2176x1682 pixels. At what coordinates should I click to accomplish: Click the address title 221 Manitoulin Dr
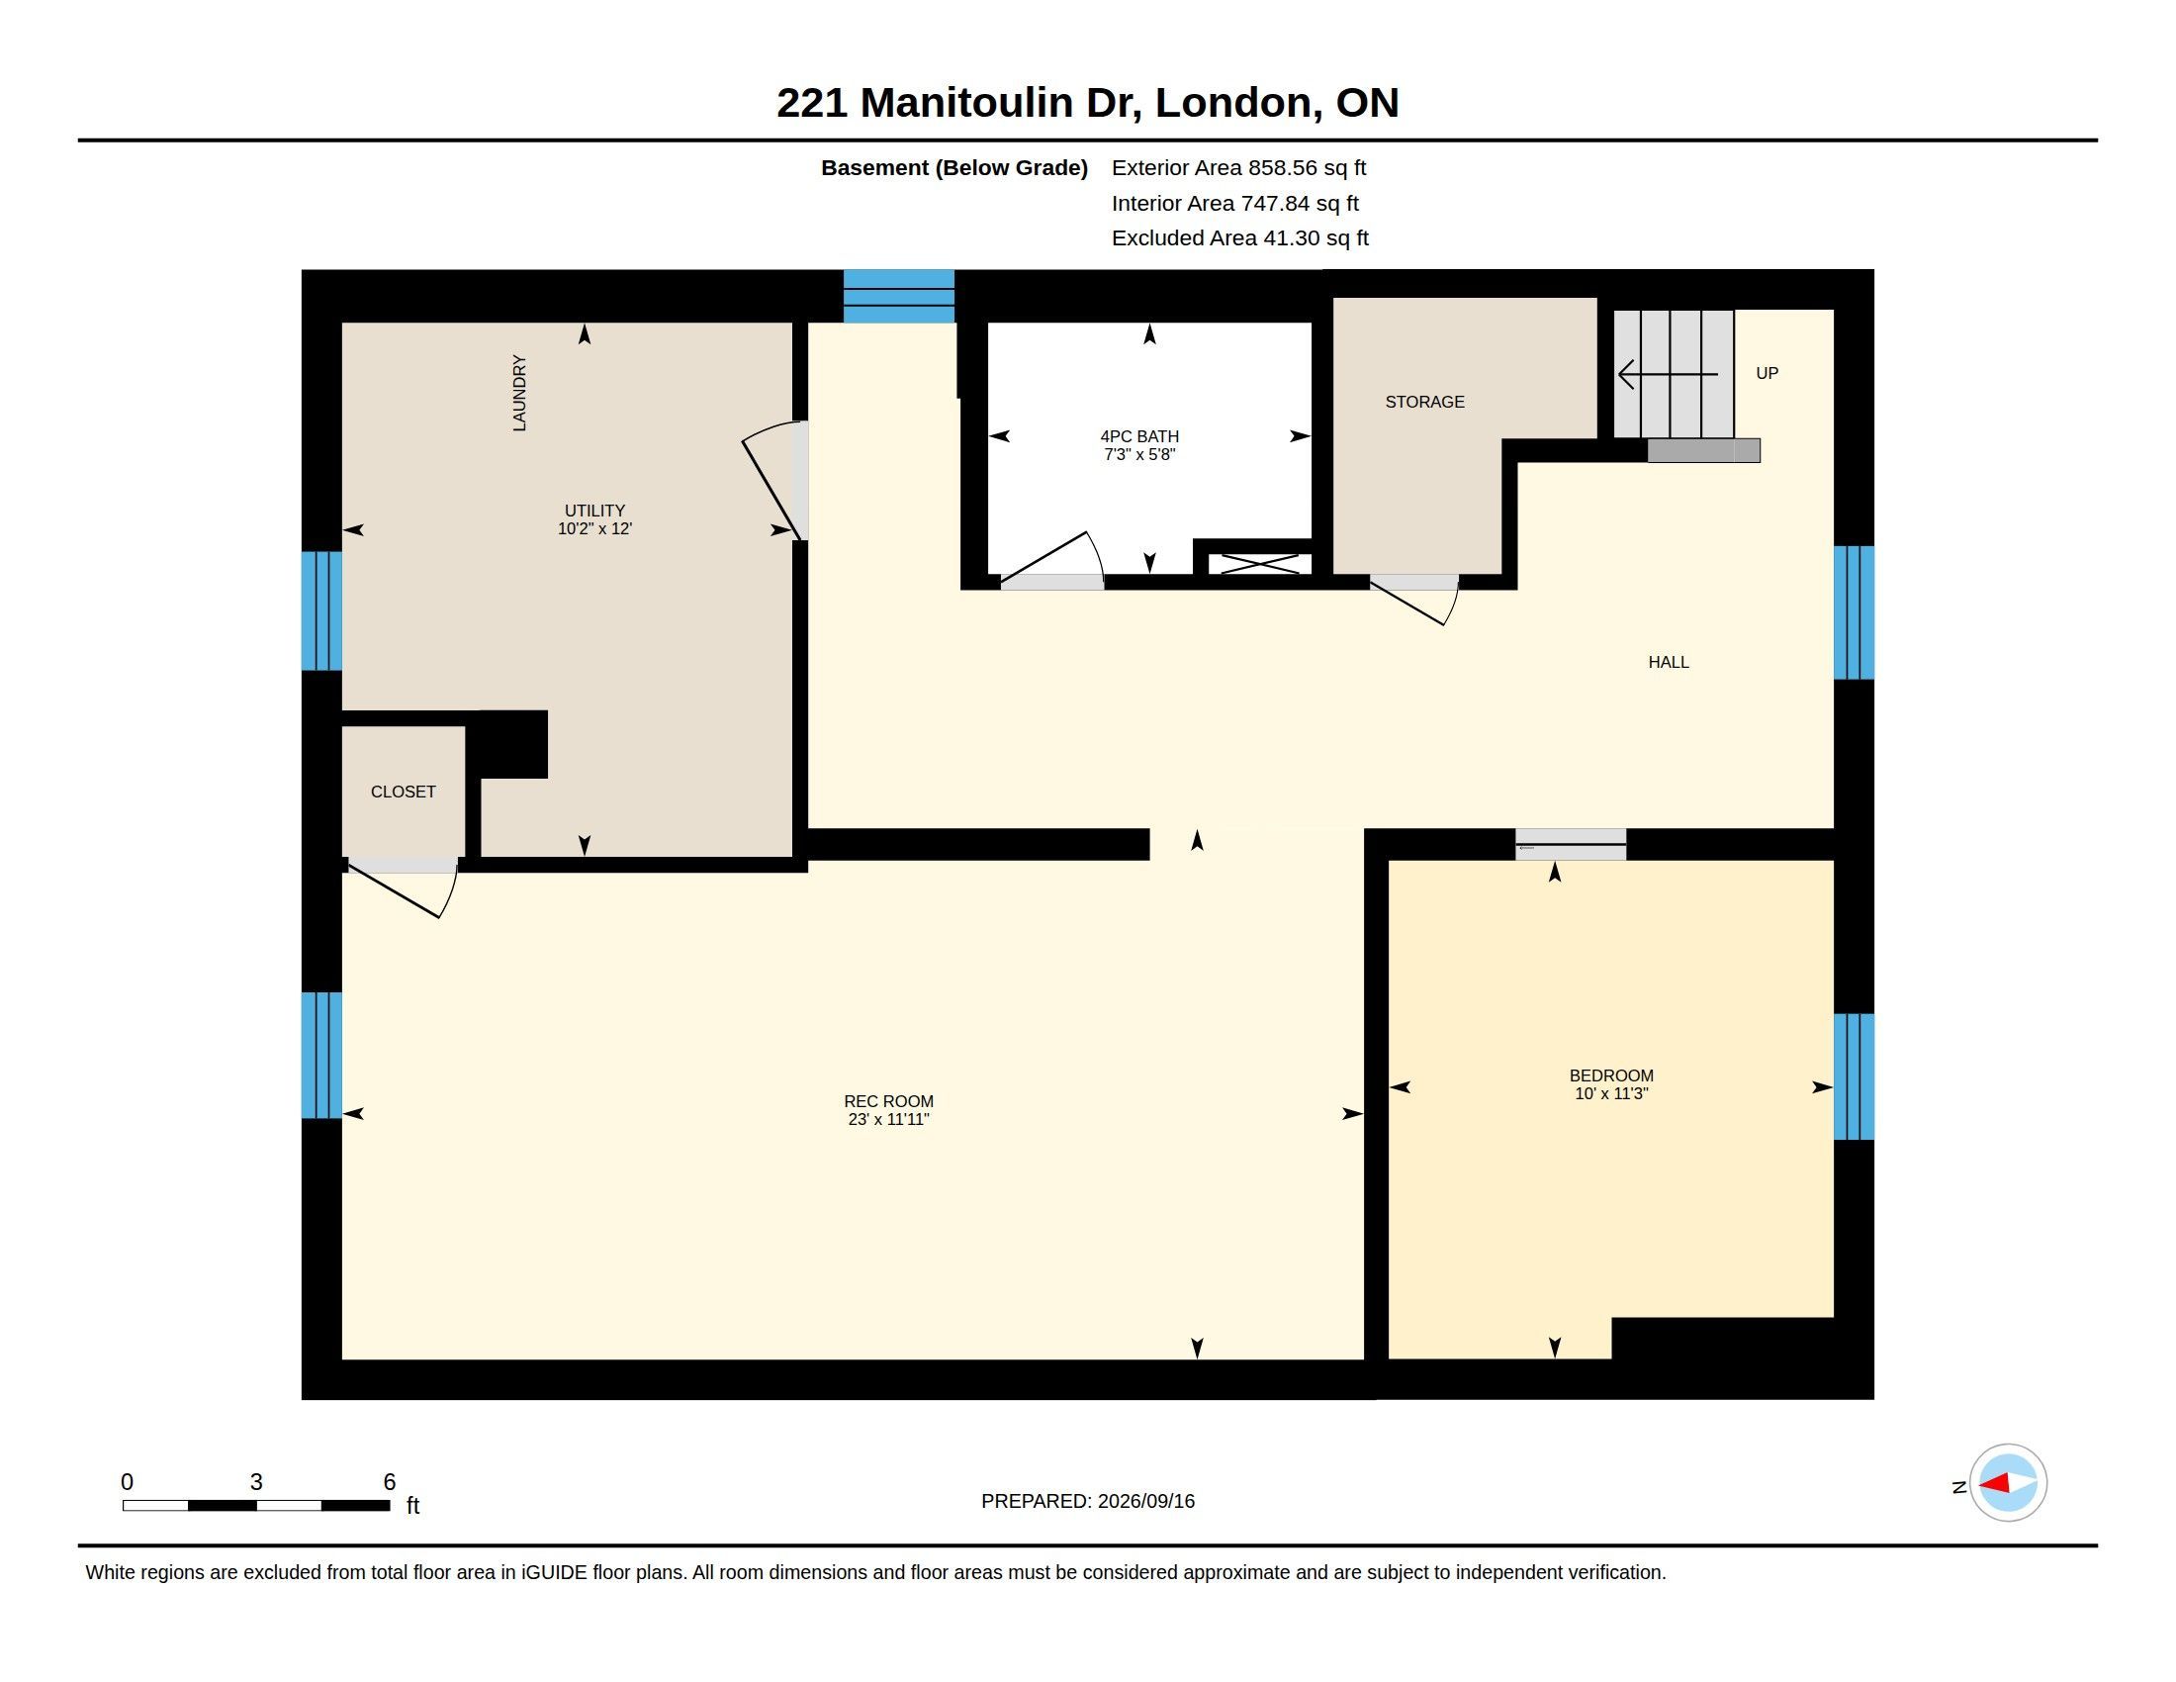tap(958, 103)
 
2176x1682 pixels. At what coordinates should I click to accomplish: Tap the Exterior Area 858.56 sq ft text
tap(1238, 167)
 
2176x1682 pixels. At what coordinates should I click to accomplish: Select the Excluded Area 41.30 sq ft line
tap(1240, 238)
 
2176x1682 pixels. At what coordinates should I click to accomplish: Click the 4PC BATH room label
tap(1139, 436)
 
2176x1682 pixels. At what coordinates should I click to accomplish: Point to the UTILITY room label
tap(594, 511)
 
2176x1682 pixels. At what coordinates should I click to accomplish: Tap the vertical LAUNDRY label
tap(519, 393)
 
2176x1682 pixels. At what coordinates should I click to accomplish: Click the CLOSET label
tap(404, 793)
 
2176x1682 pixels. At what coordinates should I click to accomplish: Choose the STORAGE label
tap(1424, 402)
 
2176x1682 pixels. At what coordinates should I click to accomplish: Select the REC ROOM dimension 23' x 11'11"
tap(889, 1119)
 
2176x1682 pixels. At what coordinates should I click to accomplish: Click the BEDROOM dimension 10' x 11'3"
tap(1611, 1093)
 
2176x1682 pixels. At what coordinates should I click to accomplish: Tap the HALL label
tap(1669, 662)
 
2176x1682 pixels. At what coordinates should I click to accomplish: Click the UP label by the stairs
tap(1768, 373)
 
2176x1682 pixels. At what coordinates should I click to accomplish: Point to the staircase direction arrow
tap(1668, 375)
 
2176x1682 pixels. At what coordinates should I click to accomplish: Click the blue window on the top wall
tap(899, 296)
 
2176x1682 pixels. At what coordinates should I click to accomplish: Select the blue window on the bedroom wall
tap(1855, 1076)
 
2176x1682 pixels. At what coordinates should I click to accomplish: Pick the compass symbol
tap(2008, 1483)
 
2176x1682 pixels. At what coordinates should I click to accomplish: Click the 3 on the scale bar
tap(256, 1482)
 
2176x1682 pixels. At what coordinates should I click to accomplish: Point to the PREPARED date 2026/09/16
tap(1145, 1502)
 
